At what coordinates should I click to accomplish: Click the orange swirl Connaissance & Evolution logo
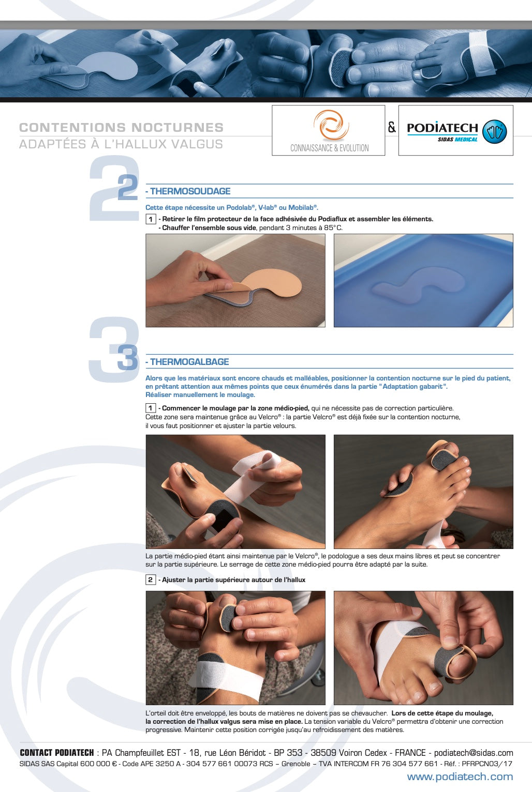coord(331,125)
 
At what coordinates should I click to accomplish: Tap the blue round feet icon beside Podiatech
coord(494,131)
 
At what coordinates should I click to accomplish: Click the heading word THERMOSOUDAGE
coord(190,191)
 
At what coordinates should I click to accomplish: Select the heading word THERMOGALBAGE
coord(190,362)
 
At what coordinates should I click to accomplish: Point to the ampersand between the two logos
coord(391,127)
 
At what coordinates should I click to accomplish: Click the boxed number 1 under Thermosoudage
coord(151,219)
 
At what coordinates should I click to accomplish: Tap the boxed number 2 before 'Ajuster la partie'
coord(151,580)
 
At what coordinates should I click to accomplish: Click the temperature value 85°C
coord(333,227)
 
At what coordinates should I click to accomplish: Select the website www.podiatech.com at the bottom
coord(460,776)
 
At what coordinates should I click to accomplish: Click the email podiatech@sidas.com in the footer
coord(474,753)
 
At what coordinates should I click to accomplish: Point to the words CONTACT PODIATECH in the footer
coord(56,753)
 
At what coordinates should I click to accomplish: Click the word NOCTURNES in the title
coord(178,127)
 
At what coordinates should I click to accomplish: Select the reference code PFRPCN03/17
coord(487,764)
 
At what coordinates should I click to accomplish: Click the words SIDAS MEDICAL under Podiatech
coord(457,139)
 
